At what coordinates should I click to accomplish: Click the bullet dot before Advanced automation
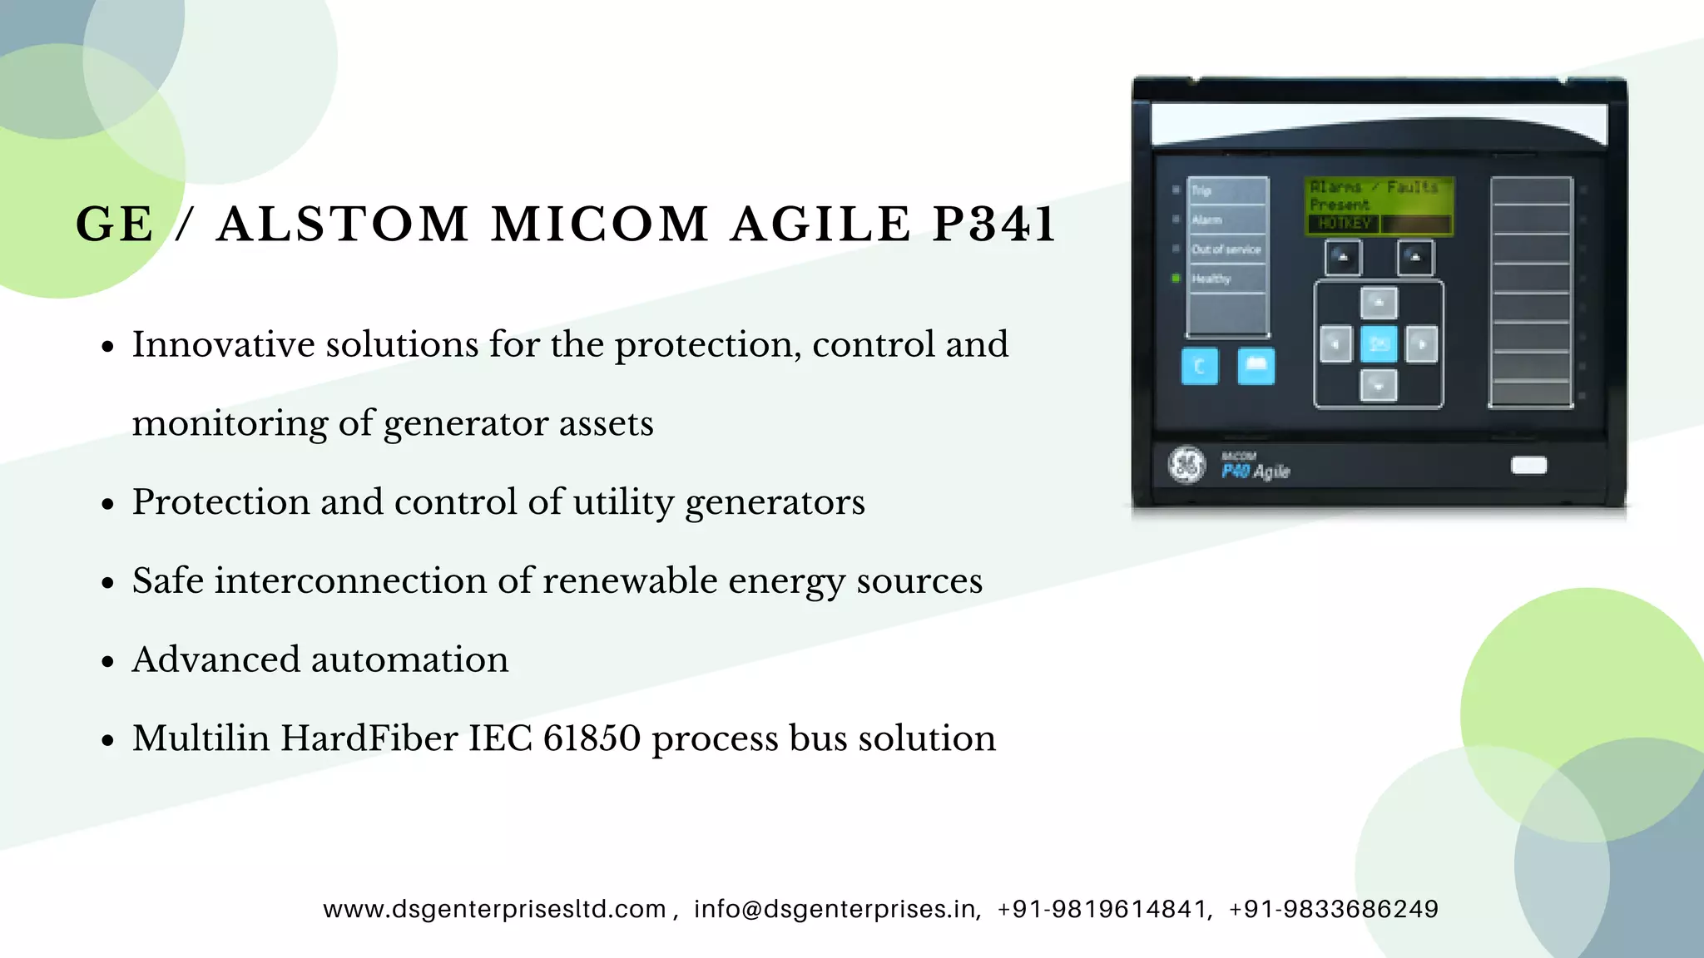tap(107, 662)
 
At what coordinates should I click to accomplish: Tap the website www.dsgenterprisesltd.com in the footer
tap(494, 909)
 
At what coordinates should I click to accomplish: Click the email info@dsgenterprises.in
tap(835, 909)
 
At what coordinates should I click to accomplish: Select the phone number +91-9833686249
tap(1333, 909)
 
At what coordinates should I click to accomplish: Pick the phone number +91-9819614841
tap(1102, 909)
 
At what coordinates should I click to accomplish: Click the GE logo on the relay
tap(1186, 465)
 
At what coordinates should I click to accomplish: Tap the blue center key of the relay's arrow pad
tap(1379, 343)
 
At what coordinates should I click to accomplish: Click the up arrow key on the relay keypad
tap(1379, 303)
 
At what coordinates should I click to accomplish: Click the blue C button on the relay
tap(1199, 366)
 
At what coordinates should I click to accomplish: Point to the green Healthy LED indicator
tap(1176, 279)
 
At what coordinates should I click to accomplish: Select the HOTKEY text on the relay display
tap(1344, 224)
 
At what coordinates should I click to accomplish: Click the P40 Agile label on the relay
tap(1255, 471)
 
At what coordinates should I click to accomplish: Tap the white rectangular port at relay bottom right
tap(1528, 465)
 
